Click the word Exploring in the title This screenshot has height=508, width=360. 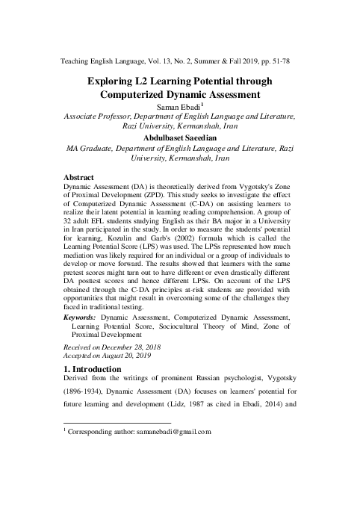coord(114,81)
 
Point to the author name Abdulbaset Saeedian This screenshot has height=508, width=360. coord(180,137)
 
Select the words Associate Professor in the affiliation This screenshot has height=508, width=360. coord(99,117)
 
